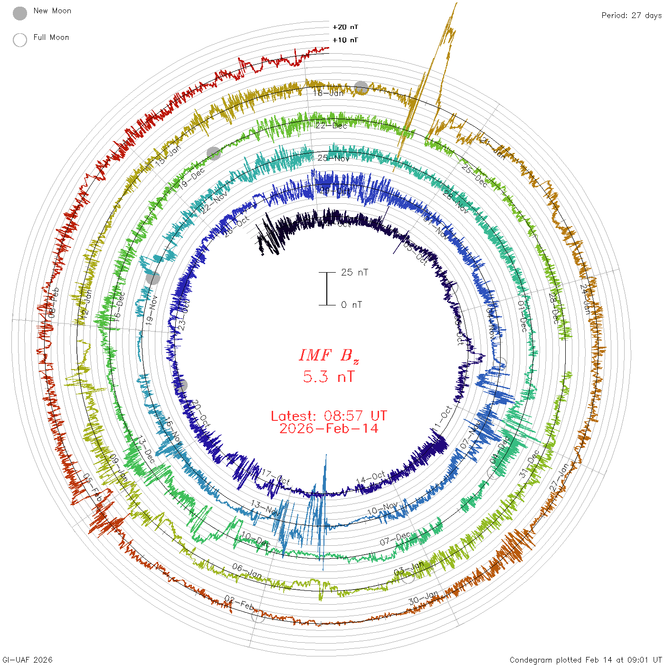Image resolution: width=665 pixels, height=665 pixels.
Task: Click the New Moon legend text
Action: [x=52, y=11]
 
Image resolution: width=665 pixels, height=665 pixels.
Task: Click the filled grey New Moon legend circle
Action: [x=20, y=14]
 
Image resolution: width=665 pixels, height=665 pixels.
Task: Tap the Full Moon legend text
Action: [x=51, y=38]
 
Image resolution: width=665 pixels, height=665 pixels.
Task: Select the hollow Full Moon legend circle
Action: [x=20, y=40]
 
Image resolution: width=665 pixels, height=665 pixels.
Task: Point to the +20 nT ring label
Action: [x=345, y=27]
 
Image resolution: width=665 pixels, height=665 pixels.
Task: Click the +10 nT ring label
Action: [x=345, y=40]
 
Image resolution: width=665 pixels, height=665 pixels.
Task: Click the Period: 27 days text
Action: [x=631, y=15]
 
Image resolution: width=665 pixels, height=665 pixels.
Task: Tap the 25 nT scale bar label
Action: [x=354, y=273]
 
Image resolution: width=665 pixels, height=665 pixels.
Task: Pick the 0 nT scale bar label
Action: [x=351, y=305]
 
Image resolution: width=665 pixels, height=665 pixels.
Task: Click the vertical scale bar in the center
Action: [x=327, y=289]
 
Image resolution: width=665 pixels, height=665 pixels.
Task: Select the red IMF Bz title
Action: [x=329, y=356]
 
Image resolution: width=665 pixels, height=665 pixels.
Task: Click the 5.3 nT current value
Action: [x=329, y=377]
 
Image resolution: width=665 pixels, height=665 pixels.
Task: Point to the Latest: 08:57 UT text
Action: [x=329, y=416]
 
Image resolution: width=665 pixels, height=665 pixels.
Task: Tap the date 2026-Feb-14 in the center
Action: [x=329, y=429]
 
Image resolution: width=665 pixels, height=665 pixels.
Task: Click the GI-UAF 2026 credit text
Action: [x=27, y=660]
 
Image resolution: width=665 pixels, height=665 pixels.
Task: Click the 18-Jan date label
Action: [x=328, y=93]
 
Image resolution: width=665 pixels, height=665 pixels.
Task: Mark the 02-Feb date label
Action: [x=239, y=603]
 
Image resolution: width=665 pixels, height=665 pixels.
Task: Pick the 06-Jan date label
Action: [x=247, y=571]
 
